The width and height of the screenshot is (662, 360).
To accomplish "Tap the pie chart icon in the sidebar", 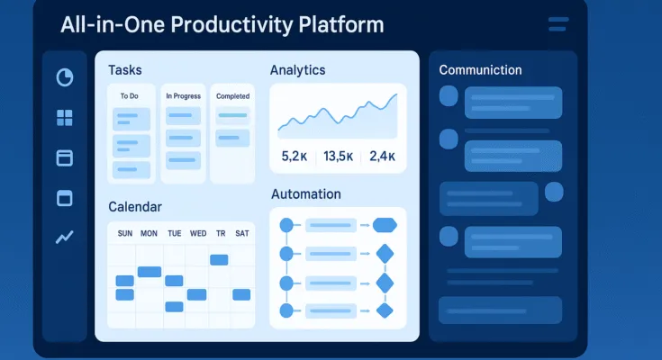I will pos(65,77).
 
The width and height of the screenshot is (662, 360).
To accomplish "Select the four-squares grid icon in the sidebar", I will pos(65,118).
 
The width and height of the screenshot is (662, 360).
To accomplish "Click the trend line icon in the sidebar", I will pos(65,238).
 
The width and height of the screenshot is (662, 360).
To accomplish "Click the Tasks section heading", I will pos(124,70).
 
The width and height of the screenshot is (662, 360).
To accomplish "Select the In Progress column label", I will pos(182,95).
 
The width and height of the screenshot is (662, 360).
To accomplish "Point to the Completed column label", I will pos(232,95).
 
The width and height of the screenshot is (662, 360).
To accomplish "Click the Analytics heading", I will pos(297,70).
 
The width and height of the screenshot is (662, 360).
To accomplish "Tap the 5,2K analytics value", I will pos(295,157).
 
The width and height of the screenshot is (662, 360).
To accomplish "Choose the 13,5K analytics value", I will pos(338,157).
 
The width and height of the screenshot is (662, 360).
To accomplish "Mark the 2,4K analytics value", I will pos(382,157).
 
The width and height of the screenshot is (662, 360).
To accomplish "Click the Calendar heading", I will pos(135,207).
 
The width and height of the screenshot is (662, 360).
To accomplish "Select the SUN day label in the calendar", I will pos(124,234).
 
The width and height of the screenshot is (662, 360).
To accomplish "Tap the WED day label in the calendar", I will pos(198,234).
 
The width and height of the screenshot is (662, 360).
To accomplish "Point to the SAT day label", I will pos(241,234).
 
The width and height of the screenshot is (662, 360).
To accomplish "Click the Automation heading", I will pos(305,194).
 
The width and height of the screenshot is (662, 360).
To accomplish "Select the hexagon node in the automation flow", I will pos(385,225).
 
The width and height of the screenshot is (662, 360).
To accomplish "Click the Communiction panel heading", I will pos(480,70).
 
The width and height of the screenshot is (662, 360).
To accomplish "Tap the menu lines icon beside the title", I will pos(558,24).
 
